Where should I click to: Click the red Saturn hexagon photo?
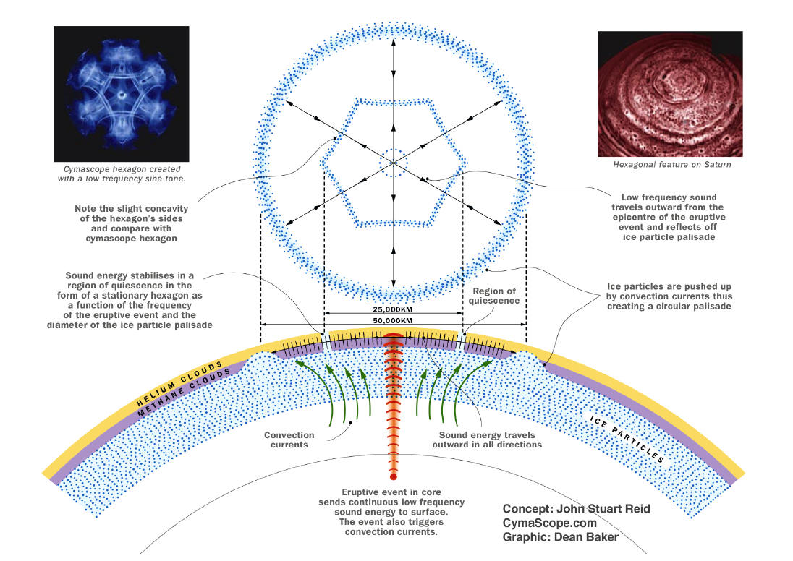click(x=670, y=94)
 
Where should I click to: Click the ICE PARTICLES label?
click(x=627, y=438)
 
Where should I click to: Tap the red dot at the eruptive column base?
click(x=393, y=477)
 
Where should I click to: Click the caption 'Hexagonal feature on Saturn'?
click(x=671, y=165)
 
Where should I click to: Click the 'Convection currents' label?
click(x=289, y=440)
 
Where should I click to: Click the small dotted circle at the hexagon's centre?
click(x=393, y=161)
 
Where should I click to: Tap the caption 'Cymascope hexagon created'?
click(x=120, y=168)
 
